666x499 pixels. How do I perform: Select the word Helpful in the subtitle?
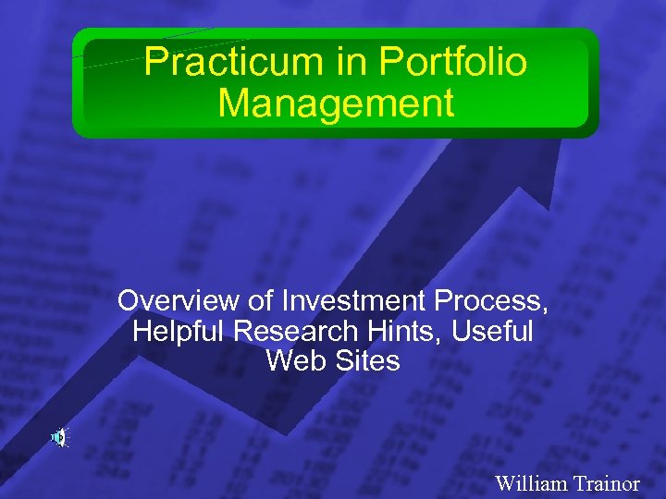tap(179, 331)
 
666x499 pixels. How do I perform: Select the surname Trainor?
tap(606, 482)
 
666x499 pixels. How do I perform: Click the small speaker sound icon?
tap(58, 437)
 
